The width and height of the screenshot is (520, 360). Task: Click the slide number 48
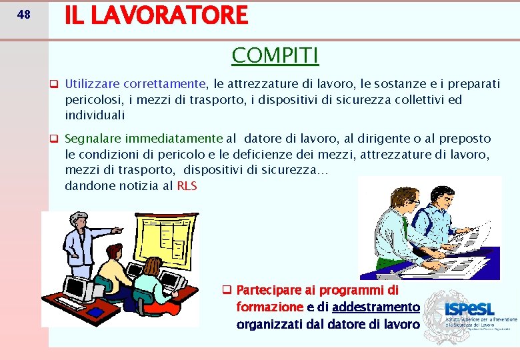(23, 14)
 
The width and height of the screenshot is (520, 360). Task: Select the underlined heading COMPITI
(275, 55)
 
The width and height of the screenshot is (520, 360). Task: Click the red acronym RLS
(187, 186)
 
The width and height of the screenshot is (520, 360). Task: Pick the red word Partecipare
(269, 290)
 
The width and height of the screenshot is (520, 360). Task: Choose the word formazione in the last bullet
(269, 307)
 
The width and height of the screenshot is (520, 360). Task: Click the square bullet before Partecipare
(227, 290)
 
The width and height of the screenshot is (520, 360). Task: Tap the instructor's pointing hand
(117, 230)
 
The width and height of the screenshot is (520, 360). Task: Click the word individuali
(95, 115)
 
